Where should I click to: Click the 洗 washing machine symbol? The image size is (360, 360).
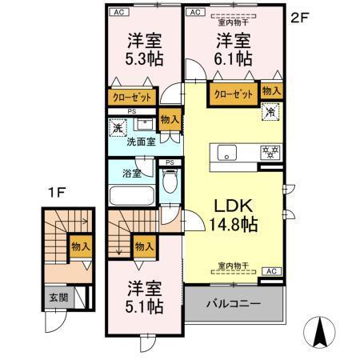point(117,126)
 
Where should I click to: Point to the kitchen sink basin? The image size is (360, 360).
point(225,151)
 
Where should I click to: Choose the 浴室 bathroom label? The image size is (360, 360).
point(131,171)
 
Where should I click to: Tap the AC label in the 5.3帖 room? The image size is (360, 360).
point(118,13)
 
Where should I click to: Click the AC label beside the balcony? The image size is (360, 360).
point(270,271)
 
